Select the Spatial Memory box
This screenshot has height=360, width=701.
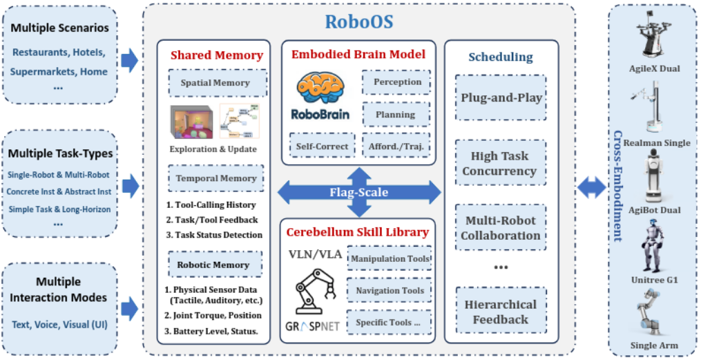click(215, 83)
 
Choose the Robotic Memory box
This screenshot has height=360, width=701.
click(215, 265)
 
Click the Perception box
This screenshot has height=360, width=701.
click(397, 82)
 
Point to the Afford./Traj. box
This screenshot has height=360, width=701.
click(396, 146)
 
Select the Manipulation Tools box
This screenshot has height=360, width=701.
click(389, 258)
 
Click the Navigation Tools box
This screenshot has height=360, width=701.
click(390, 291)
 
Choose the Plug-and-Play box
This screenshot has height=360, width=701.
click(501, 97)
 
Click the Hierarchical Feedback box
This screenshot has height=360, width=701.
click(501, 312)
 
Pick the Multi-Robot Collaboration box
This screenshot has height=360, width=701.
click(501, 227)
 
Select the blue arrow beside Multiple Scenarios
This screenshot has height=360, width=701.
click(129, 61)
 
